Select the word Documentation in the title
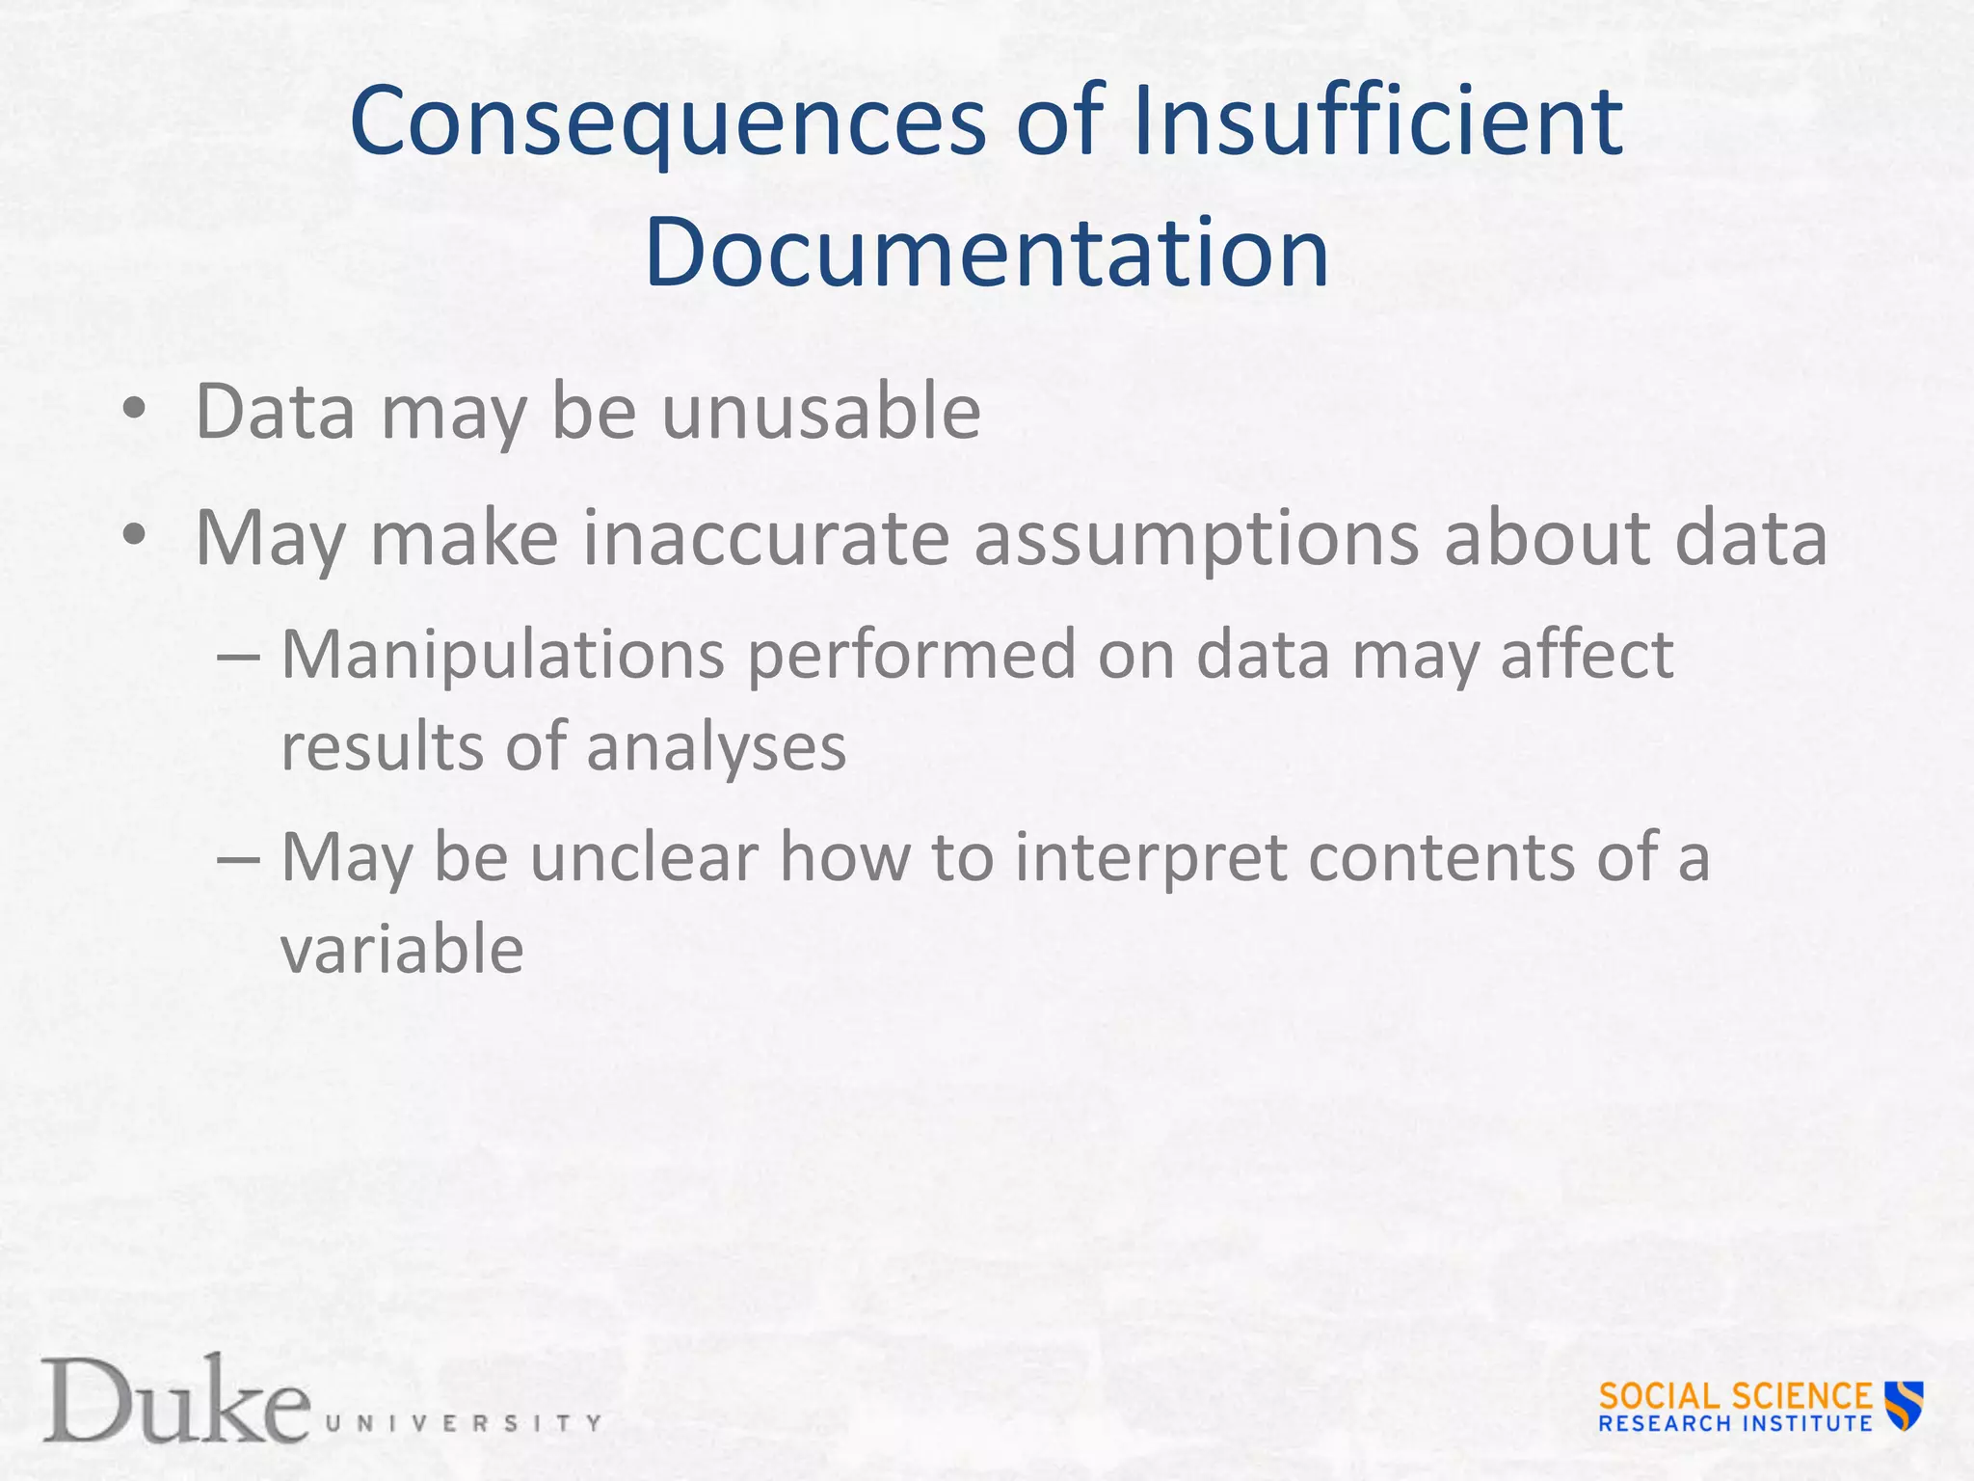pos(986,253)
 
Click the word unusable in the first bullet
pos(820,412)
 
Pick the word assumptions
pos(1196,539)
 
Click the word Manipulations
pos(502,655)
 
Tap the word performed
pos(911,657)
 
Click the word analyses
pos(716,748)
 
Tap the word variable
pos(402,949)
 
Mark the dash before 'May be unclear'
pos(238,856)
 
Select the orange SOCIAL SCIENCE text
pos(1735,1395)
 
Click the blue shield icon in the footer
pos(1905,1405)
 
